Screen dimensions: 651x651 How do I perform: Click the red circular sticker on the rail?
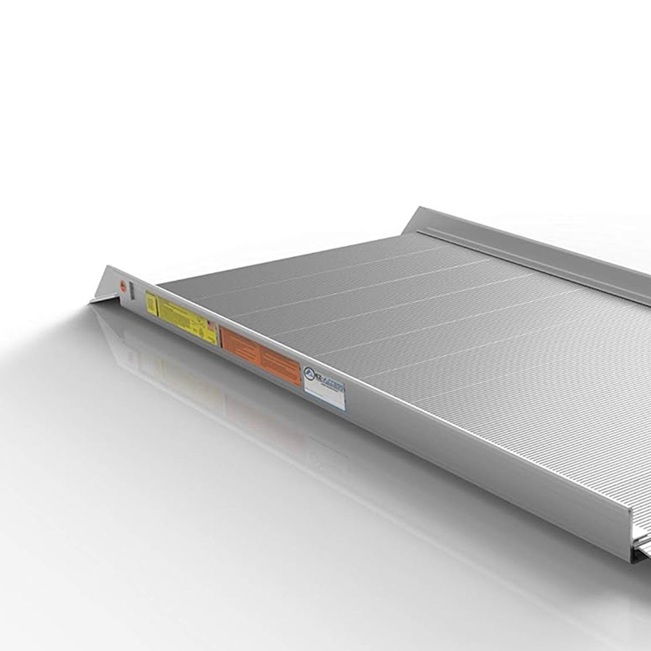[122, 285]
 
